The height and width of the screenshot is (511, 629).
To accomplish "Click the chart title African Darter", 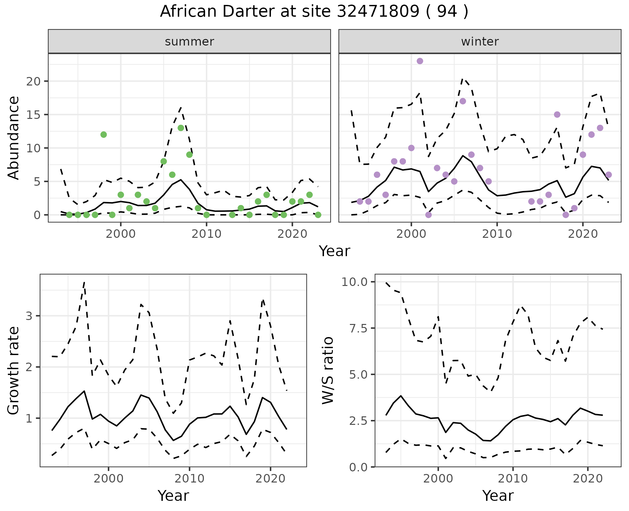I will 314,12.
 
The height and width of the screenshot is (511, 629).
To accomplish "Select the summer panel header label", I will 189,42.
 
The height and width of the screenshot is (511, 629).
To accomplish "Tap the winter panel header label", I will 480,42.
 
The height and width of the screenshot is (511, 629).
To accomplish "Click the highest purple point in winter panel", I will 420,61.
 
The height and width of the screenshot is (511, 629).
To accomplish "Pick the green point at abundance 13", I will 181,128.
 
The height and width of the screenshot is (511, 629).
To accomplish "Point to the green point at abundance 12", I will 104,135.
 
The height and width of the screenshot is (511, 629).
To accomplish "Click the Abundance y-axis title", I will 13,138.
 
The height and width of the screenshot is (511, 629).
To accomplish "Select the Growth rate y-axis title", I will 13,370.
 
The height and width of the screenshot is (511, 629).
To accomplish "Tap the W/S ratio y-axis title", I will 328,370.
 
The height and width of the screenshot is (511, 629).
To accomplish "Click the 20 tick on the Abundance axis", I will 33,81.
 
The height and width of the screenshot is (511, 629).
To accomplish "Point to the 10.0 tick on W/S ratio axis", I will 355,282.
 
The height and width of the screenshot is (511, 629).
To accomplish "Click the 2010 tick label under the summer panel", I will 206,234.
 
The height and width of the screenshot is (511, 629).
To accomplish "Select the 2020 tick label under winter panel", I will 583,234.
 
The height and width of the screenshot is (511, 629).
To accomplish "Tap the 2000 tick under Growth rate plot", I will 108,479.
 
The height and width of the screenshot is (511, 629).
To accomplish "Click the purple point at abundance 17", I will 463,101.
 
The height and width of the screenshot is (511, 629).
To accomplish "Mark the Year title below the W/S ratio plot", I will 498,496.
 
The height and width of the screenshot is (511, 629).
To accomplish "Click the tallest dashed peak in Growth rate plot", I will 84,282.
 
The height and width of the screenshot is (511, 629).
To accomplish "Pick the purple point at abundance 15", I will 557,115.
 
